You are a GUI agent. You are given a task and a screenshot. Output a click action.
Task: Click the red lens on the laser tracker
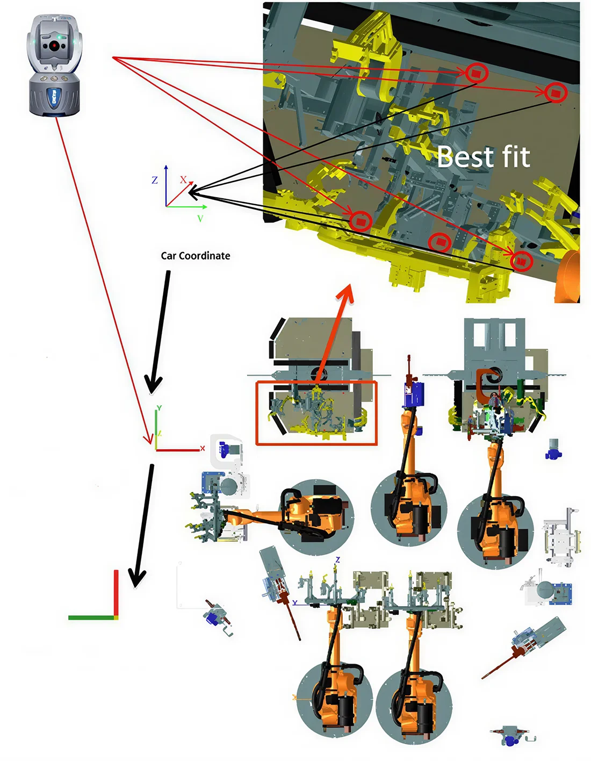(53, 46)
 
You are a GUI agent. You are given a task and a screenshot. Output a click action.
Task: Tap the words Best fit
(483, 157)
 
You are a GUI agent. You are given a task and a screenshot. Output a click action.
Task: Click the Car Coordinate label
(196, 256)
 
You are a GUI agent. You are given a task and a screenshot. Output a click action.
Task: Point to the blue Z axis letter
(155, 181)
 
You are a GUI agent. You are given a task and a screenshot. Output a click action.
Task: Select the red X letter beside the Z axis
(183, 179)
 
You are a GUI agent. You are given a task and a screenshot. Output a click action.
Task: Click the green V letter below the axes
(200, 219)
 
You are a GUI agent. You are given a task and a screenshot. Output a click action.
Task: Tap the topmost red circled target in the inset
(476, 72)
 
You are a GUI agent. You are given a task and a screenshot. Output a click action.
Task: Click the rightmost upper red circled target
(556, 93)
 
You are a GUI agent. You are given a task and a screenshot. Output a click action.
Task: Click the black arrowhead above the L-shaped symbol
(136, 578)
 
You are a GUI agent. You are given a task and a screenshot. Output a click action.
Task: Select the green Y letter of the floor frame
(159, 408)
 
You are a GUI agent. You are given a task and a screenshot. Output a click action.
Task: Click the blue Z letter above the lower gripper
(337, 560)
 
